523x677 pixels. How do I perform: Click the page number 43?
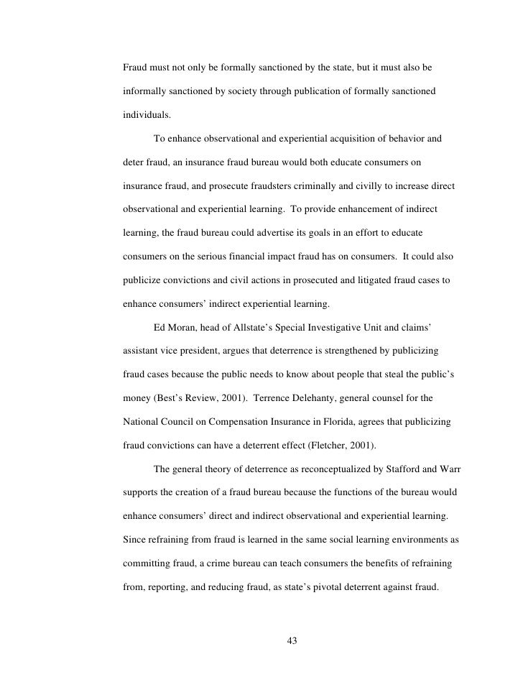click(x=291, y=641)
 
